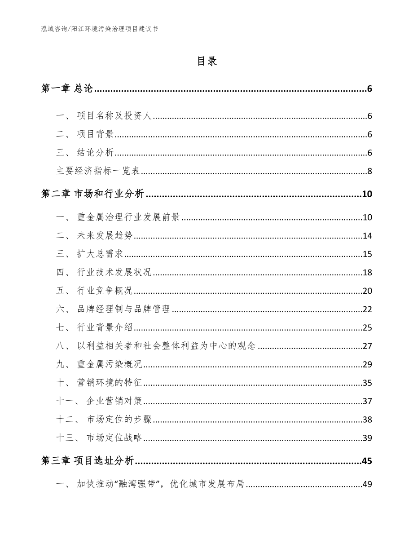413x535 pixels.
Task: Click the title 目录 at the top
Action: pos(206,62)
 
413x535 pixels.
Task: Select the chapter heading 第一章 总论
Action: pos(67,89)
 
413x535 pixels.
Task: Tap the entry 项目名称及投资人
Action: pos(115,116)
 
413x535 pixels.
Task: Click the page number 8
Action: pos(369,171)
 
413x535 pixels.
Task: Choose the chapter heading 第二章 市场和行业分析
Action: pos(92,194)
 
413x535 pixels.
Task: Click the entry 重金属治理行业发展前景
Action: pos(128,217)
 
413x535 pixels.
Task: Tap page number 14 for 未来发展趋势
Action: pos(367,236)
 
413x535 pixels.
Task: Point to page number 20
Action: pos(367,291)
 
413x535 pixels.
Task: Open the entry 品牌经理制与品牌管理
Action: pos(123,309)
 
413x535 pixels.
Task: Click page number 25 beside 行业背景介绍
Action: pos(367,327)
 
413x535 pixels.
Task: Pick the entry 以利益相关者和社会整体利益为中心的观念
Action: pos(166,346)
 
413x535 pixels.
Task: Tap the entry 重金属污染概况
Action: pos(110,364)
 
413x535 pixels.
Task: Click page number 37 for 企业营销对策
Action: pos(367,401)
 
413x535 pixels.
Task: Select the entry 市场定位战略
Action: pos(114,438)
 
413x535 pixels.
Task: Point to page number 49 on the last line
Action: pos(367,485)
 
